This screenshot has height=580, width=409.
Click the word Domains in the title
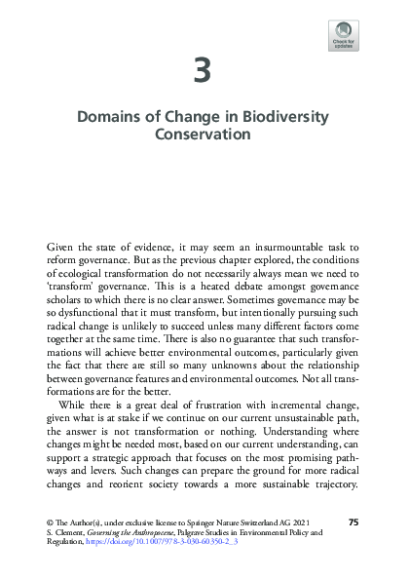pyautogui.click(x=108, y=118)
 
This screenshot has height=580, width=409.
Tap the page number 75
pyautogui.click(x=353, y=523)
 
